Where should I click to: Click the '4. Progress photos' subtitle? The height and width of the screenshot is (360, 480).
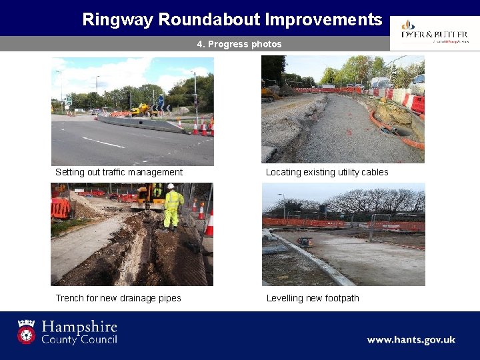pos(239,44)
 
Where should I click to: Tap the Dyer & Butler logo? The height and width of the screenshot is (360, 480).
pos(434,31)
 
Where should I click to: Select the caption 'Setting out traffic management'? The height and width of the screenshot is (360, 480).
pos(119,172)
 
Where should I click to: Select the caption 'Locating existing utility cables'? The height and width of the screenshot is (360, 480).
pos(327,172)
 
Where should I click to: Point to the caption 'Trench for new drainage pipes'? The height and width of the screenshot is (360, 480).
pos(118,298)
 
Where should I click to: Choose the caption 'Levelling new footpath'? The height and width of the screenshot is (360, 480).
pos(313,298)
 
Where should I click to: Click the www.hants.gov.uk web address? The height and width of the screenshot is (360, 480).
pos(411,340)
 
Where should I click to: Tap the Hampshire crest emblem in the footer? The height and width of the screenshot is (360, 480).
pos(27,331)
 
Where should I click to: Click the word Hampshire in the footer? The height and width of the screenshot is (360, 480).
pos(79,327)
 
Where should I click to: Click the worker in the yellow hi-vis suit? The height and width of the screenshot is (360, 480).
pos(173,207)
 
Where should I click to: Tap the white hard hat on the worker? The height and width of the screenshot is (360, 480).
pos(171,187)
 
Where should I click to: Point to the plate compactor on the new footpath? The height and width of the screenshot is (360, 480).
pos(305,241)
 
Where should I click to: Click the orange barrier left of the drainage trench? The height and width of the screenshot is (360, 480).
pos(60,207)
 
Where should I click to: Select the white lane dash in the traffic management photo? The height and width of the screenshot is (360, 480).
pos(103,143)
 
